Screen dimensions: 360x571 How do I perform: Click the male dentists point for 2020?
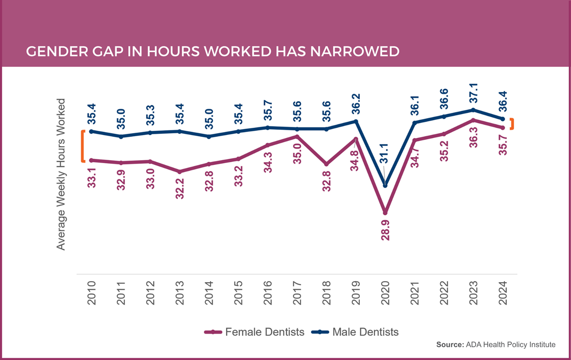point(385,185)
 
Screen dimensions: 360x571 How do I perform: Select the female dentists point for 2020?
point(385,213)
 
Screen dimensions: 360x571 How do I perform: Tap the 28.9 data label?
point(385,231)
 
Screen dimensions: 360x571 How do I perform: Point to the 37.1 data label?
point(473,93)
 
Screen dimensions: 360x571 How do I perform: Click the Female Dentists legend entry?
point(255,332)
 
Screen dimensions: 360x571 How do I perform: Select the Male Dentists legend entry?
point(355,332)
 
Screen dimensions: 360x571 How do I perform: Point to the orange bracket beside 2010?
point(82,146)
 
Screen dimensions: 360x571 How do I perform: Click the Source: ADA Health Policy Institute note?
point(496,345)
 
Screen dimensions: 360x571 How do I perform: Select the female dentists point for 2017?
point(297,136)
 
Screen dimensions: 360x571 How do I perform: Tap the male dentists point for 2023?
point(473,110)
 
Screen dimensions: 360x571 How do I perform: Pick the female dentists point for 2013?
point(180,171)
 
